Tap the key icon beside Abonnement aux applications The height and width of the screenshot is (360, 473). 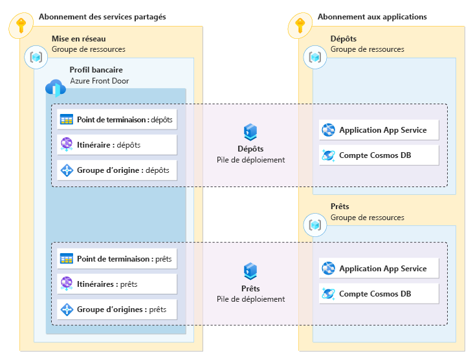300,26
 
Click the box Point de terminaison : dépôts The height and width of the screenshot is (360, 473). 116,119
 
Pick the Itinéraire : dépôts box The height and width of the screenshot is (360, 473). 116,145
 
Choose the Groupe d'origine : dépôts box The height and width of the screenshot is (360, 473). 116,171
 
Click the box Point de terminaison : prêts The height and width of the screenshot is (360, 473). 116,259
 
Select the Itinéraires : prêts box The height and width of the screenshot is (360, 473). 116,284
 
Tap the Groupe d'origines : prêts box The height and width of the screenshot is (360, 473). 116,309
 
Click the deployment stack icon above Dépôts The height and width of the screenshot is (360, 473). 250,133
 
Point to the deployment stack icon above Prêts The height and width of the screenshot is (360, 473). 250,271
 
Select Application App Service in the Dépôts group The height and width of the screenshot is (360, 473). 378,130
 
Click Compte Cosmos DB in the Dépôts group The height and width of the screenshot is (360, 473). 378,155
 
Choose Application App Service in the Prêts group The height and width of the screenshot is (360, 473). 378,269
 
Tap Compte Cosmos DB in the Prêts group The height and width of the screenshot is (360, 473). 378,294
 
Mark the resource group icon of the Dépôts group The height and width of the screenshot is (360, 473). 315,58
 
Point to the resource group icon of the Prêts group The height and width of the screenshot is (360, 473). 315,225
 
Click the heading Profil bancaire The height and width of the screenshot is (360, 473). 96,70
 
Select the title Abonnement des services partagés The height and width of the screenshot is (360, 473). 102,17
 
